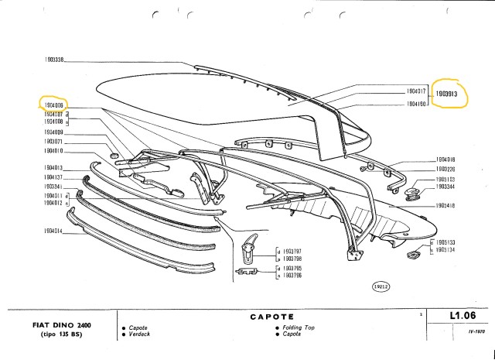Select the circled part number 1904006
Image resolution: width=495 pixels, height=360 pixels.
(x=53, y=103)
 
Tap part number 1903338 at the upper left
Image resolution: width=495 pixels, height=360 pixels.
(x=53, y=60)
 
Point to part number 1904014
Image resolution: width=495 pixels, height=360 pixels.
(x=53, y=231)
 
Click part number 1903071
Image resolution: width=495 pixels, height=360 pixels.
(x=53, y=142)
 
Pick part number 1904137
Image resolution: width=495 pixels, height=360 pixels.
(x=53, y=177)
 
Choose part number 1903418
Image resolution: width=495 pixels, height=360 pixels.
(x=445, y=207)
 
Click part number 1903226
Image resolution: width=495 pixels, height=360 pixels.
(x=445, y=168)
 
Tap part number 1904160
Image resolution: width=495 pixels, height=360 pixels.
(x=418, y=102)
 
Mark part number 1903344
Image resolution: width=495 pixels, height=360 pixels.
(x=445, y=187)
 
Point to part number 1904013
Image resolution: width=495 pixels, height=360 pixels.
(x=53, y=168)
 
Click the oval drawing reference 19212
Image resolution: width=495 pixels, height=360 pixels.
(x=381, y=286)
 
